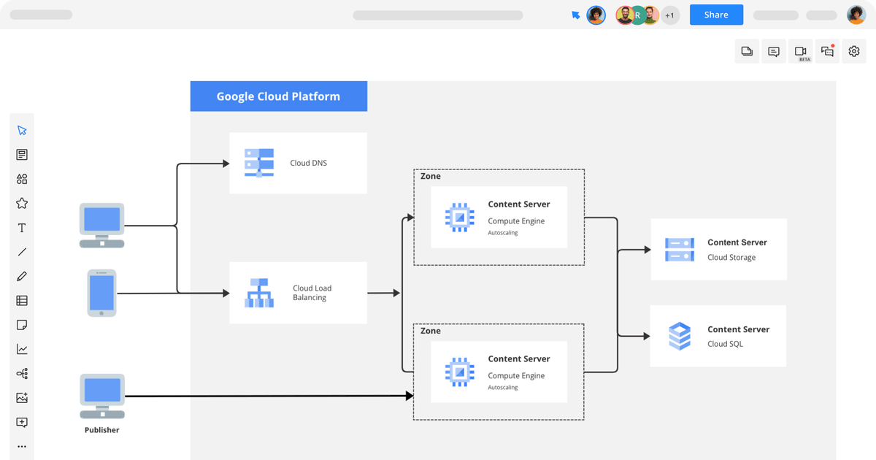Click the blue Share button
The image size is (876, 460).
click(716, 15)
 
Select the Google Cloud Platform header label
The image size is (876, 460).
click(278, 96)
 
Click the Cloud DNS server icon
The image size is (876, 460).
click(259, 163)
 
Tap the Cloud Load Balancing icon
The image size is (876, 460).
click(259, 293)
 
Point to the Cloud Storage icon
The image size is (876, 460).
click(680, 250)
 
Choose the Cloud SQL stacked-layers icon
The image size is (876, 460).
click(680, 336)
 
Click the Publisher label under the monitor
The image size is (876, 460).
click(101, 430)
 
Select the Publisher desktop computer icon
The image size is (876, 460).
click(102, 395)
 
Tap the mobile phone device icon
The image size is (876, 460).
click(101, 293)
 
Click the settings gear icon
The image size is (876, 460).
click(854, 51)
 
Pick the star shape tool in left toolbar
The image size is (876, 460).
click(22, 203)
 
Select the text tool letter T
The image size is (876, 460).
click(22, 228)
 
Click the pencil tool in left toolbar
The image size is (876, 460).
click(22, 276)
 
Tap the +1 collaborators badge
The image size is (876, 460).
click(670, 15)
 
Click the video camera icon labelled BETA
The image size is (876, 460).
click(801, 51)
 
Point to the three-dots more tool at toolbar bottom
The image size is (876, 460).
click(22, 446)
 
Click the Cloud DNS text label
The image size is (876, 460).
click(308, 163)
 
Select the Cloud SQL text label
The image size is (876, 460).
click(725, 344)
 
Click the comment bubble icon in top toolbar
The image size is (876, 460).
click(774, 51)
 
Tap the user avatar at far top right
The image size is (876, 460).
click(856, 15)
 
